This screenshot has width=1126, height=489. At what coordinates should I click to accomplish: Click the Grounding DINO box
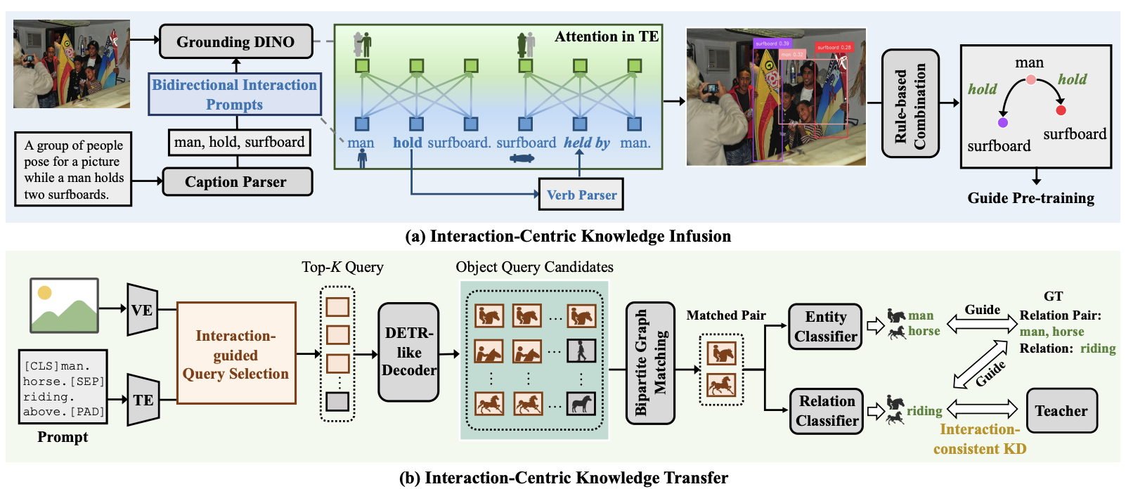(235, 41)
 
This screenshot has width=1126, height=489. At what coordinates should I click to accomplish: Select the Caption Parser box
(236, 182)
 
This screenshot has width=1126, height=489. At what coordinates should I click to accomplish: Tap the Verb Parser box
(581, 195)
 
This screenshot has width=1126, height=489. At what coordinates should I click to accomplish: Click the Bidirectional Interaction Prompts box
(235, 94)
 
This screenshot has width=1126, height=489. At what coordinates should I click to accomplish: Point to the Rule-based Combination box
(910, 103)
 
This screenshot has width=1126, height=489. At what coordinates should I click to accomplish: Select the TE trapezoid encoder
(143, 400)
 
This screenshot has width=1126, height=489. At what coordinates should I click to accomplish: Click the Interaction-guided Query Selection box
(236, 353)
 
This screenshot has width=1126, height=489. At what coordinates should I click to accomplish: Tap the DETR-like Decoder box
(408, 352)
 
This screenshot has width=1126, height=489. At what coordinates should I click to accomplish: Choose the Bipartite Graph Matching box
(650, 363)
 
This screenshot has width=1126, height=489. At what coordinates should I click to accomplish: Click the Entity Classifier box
(825, 327)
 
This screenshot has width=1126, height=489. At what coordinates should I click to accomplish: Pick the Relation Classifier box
(827, 411)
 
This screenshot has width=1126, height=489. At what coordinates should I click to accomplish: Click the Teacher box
(1061, 411)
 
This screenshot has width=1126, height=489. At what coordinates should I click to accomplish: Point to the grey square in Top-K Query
(337, 401)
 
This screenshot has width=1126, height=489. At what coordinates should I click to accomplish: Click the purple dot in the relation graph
(1003, 122)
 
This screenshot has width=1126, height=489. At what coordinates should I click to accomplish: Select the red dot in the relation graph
(1061, 110)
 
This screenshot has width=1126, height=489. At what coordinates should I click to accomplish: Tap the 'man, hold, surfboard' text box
(239, 143)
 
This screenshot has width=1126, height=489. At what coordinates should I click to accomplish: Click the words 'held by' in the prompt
(587, 143)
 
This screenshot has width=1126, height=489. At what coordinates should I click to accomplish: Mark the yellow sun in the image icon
(45, 293)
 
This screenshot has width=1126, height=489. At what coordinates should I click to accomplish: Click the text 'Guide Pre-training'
(1030, 198)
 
